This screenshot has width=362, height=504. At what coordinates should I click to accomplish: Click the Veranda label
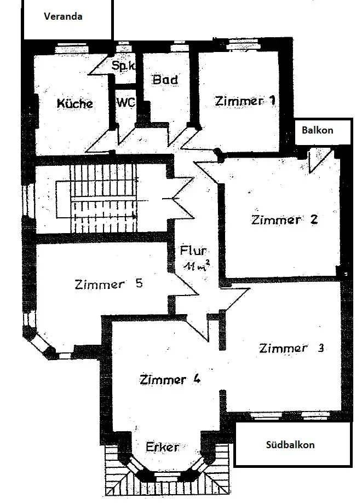pos(63,16)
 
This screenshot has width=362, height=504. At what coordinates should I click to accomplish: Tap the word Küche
pos(74,103)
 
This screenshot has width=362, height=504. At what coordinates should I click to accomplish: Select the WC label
pos(126,102)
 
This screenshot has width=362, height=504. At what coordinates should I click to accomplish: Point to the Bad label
pos(165,79)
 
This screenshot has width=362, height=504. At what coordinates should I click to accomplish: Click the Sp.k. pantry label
pos(123,66)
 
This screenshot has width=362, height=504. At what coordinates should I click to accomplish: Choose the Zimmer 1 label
pos(245,101)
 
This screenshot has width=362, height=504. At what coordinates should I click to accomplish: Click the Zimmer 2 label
pos(284,219)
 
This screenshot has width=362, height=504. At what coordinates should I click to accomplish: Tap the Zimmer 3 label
pos(291,348)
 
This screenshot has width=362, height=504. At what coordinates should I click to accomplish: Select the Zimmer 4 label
pos(170,380)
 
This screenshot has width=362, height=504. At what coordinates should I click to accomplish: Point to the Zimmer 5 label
pos(108,284)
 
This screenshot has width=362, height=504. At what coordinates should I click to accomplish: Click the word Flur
pos(193,251)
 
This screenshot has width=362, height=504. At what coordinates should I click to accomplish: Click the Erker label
pos(162,447)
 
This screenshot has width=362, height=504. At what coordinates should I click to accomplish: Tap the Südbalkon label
pos(290,445)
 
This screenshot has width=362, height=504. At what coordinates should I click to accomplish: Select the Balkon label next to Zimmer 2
pos(317,130)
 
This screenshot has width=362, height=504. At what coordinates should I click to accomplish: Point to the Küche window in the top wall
pos(71,49)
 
